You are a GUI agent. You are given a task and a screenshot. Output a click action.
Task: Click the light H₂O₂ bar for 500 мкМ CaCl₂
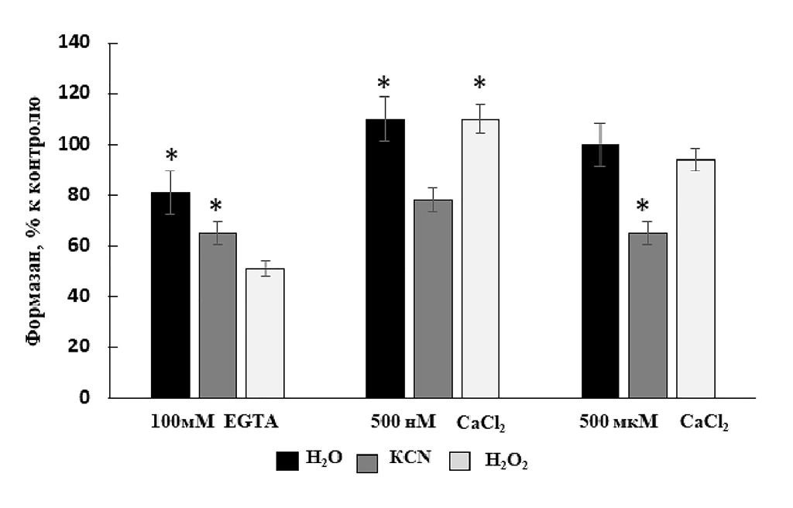point(695,279)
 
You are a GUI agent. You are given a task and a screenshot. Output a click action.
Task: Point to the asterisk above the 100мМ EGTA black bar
point(171,156)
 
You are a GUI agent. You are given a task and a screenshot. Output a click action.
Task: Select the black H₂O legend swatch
point(287,461)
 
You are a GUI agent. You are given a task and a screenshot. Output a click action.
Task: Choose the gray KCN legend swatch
point(367,462)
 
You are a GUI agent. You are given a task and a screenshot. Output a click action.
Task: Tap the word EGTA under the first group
point(251,422)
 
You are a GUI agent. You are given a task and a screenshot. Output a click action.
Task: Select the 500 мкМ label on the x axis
point(618,422)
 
